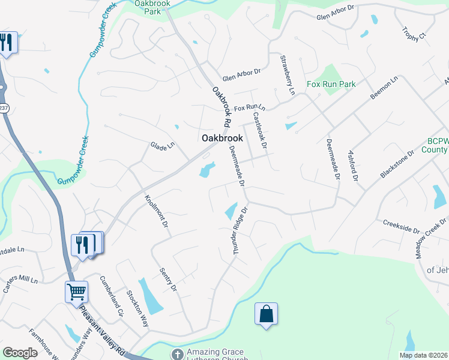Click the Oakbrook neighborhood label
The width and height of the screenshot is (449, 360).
(222, 138)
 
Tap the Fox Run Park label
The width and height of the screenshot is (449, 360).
(331, 85)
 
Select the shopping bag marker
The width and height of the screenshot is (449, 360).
(266, 314)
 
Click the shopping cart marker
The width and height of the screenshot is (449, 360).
(76, 292)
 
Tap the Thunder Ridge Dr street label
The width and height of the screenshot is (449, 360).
(241, 232)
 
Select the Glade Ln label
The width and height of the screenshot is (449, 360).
(162, 145)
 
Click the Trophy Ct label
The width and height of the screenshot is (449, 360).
(414, 34)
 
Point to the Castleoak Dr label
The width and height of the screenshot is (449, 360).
(259, 130)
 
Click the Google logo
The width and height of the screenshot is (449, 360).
(20, 353)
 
